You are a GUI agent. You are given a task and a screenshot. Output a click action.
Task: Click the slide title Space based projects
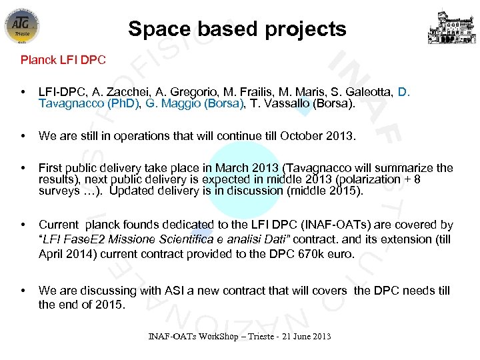(x=237, y=29)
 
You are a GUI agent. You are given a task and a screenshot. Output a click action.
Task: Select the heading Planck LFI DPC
(x=63, y=60)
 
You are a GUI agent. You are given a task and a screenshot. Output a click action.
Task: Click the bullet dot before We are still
(x=24, y=136)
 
